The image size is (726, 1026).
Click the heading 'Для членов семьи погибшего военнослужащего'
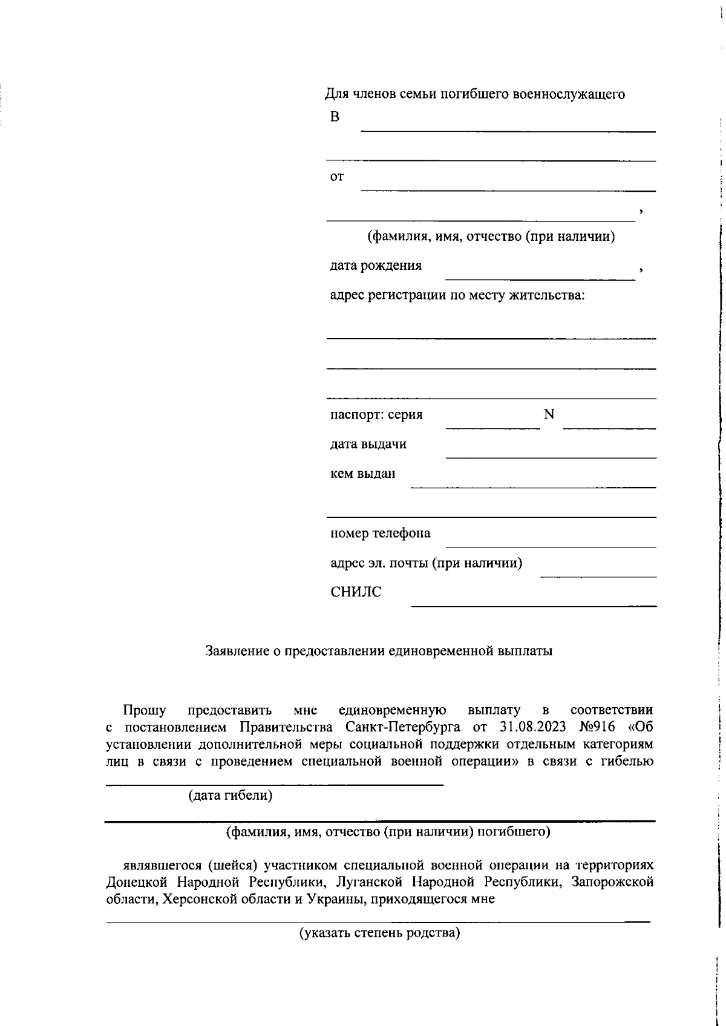[x=475, y=94]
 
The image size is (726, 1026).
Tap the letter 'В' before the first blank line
[x=335, y=117]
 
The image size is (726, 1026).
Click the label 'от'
[x=337, y=177]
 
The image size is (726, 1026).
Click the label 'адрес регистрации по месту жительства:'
[x=457, y=295]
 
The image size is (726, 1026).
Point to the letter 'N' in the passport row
[x=549, y=414]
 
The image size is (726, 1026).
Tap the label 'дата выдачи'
[x=368, y=444]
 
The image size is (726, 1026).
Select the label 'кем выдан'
[x=362, y=474]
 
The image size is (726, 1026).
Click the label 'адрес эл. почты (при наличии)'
[x=426, y=563]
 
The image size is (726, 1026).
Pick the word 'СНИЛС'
[x=356, y=592]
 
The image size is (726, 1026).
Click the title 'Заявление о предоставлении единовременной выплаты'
[x=379, y=652]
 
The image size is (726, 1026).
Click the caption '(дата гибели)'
[x=230, y=796]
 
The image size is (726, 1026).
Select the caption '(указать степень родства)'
[x=379, y=933]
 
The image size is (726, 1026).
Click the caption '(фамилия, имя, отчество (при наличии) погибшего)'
[x=388, y=832]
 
